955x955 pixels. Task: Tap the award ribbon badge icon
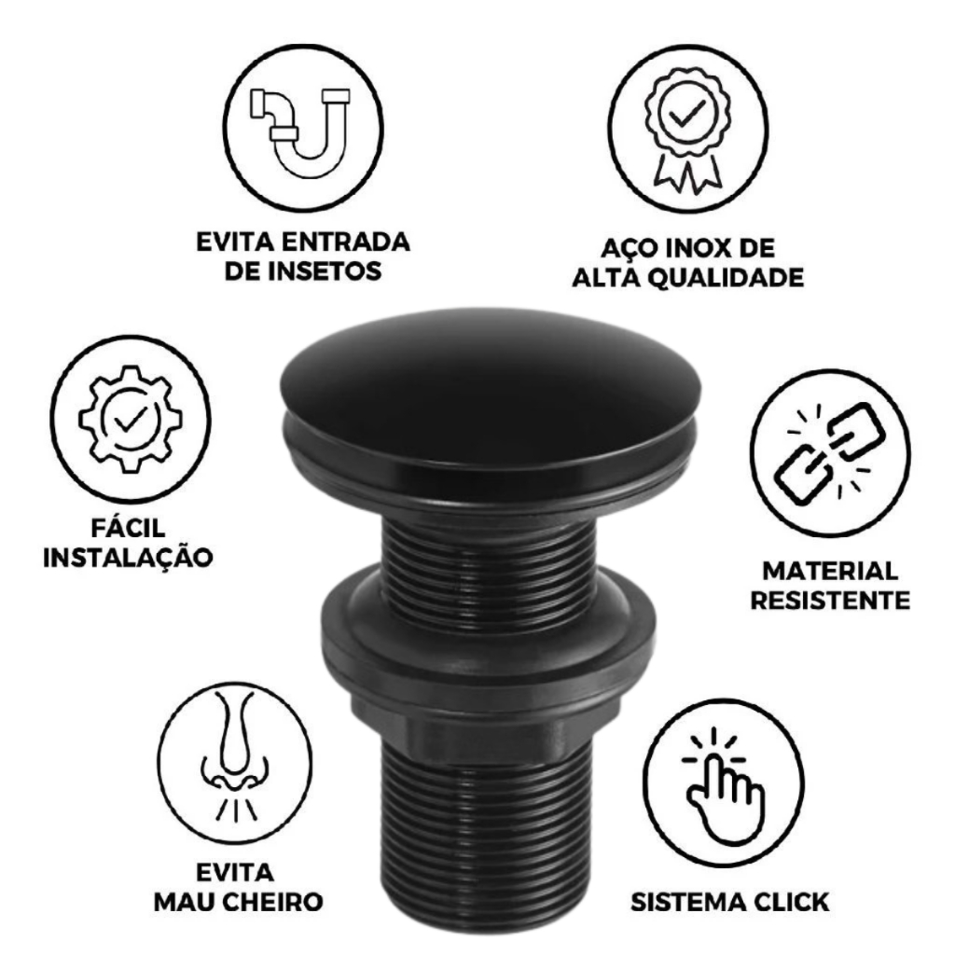pyautogui.click(x=688, y=129)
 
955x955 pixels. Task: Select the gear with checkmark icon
pyautogui.click(x=131, y=419)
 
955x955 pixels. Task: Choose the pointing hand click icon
pyautogui.click(x=724, y=785)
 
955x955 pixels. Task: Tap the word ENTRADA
pyautogui.click(x=346, y=242)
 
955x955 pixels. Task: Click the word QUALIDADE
pyautogui.click(x=725, y=278)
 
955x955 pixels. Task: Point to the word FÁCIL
pyautogui.click(x=128, y=528)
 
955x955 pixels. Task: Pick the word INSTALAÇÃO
pyautogui.click(x=128, y=558)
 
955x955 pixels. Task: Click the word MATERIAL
pyautogui.click(x=830, y=572)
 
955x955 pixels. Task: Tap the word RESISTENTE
pyautogui.click(x=830, y=601)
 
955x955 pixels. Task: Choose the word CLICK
pyautogui.click(x=789, y=902)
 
